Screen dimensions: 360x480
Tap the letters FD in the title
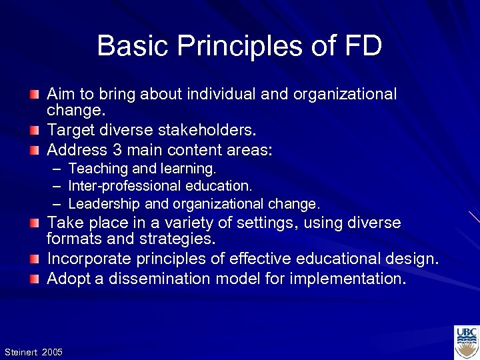[x=363, y=47]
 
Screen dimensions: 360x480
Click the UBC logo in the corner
[x=466, y=342]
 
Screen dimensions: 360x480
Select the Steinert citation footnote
[x=33, y=351]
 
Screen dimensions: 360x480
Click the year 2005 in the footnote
[x=52, y=351]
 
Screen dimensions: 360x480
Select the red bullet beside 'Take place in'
[x=34, y=223]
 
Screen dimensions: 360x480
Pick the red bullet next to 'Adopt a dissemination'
[x=34, y=279]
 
